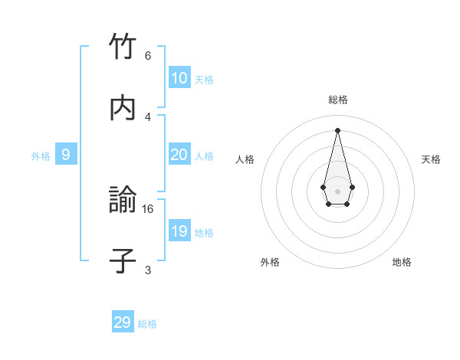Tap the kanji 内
point(123,108)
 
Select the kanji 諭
point(123,201)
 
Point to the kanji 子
point(123,261)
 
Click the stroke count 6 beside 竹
point(148,56)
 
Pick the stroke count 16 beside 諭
point(149,208)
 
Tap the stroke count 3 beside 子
point(148,270)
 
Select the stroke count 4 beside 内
point(148,116)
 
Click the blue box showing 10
point(179,78)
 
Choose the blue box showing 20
point(179,155)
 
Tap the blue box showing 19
point(179,231)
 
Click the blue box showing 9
point(66,155)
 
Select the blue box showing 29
point(123,322)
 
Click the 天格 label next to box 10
point(204,80)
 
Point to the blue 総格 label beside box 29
point(147,324)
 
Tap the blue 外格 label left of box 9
point(41,156)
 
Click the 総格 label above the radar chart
point(337,100)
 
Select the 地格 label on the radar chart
point(402,262)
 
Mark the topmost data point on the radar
point(337,129)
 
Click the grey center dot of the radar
point(337,191)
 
